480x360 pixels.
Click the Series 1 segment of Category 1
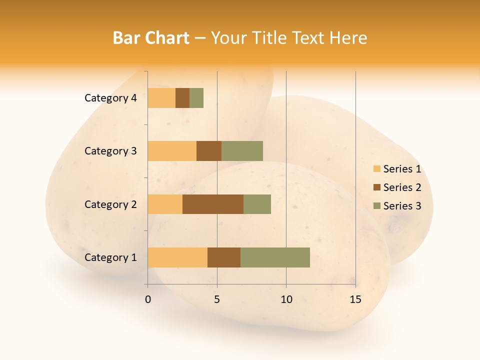coord(177,257)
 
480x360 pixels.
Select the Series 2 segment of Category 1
coord(224,257)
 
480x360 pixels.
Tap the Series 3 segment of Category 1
coord(275,257)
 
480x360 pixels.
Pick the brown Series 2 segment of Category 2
coord(213,204)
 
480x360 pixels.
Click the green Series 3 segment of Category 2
coord(257,204)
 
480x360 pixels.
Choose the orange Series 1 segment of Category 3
coord(172,151)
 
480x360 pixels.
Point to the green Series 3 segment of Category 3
coord(242,151)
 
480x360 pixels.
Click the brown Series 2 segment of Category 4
coord(182,98)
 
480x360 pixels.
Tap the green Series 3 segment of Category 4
coord(196,98)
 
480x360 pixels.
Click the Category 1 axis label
coord(110,257)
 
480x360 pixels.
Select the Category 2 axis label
coord(110,204)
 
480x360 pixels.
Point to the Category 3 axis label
coord(110,151)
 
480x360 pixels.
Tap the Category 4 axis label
coord(110,98)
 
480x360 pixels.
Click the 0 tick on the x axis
coord(148,299)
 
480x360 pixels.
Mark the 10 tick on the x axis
coord(286,299)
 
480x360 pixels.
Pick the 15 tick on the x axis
coord(355,299)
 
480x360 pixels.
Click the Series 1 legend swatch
coord(376,169)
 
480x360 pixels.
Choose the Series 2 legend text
coord(402,187)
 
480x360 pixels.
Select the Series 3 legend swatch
coord(376,206)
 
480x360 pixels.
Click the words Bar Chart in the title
coord(150,38)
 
